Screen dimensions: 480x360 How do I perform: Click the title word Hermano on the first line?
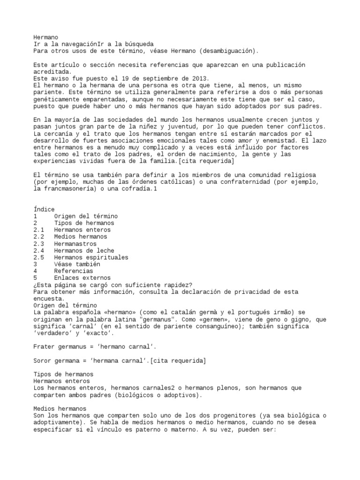pyautogui.click(x=45, y=37)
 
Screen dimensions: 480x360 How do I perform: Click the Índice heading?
pyautogui.click(x=44, y=209)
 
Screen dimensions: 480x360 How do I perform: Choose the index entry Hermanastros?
pyautogui.click(x=75, y=244)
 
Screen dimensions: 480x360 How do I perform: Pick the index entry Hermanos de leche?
pyautogui.click(x=84, y=251)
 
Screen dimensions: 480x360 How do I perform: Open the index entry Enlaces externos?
pyautogui.click(x=82, y=278)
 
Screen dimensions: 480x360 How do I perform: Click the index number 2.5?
pyautogui.click(x=39, y=257)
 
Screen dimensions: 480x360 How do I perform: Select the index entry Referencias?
pyautogui.click(x=74, y=271)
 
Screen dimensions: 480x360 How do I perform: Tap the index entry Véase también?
pyautogui.click(x=77, y=264)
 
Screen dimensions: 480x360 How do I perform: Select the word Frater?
pyautogui.click(x=44, y=347)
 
